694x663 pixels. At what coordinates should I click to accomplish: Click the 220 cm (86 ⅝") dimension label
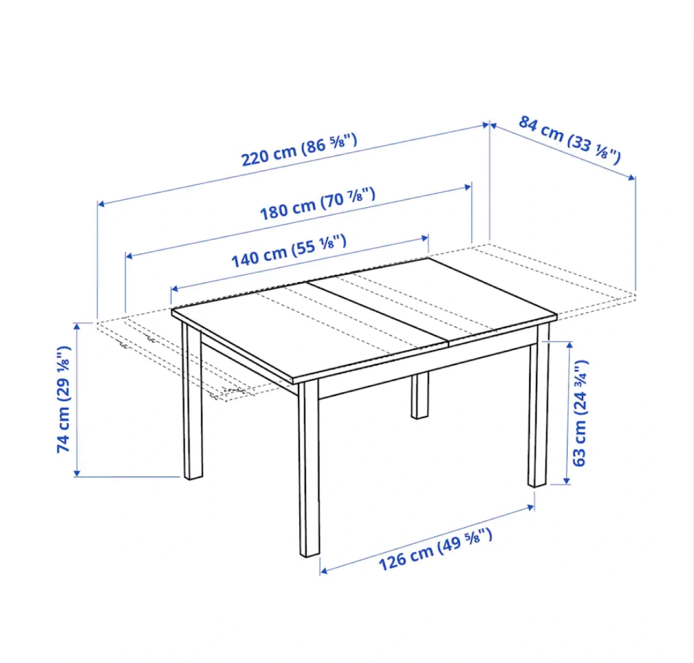click(x=299, y=149)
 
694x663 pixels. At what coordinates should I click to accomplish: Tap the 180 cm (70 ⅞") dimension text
click(x=318, y=204)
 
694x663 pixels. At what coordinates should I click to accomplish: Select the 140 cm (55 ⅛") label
click(x=289, y=251)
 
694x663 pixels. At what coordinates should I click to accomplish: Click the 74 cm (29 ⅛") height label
click(x=64, y=399)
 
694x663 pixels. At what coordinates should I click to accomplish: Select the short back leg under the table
click(x=420, y=395)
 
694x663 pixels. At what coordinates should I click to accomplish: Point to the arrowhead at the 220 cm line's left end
click(x=101, y=204)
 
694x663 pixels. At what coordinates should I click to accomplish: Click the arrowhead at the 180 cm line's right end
click(x=467, y=187)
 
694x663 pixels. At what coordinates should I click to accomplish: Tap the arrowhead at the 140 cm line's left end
click(x=175, y=288)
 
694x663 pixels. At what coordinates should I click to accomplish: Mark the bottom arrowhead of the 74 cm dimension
click(x=77, y=474)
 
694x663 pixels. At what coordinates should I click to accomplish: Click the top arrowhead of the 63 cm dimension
click(x=570, y=345)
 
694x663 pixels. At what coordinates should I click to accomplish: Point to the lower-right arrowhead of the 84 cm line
click(x=632, y=177)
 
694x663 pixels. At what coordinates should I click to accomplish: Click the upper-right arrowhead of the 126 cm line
click(x=530, y=507)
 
